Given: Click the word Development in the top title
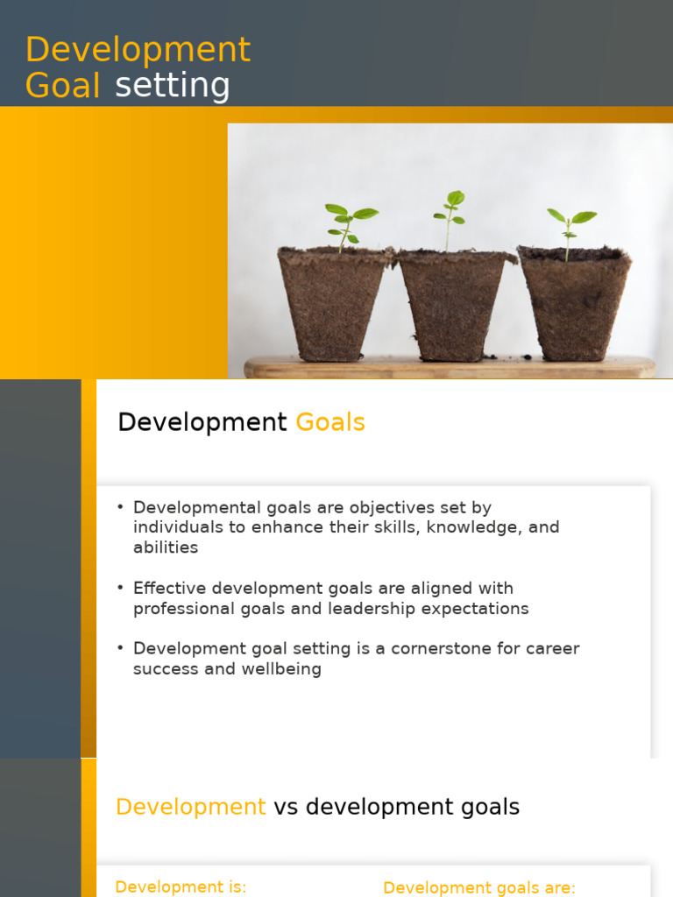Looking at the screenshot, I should [x=138, y=51].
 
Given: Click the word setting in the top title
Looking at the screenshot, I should [x=173, y=86].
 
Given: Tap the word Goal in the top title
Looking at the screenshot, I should [x=62, y=86].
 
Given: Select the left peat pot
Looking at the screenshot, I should [x=333, y=302].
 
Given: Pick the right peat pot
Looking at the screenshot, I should [x=574, y=302].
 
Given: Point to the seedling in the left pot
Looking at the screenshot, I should [x=348, y=225].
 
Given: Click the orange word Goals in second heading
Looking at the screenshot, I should [x=330, y=423].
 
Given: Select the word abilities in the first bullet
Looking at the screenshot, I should [x=166, y=547].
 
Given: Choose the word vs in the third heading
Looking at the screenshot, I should [x=286, y=807].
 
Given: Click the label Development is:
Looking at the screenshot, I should [x=181, y=886].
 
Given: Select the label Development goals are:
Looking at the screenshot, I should [x=479, y=887].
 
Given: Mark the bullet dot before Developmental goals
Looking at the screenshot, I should [x=121, y=508].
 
